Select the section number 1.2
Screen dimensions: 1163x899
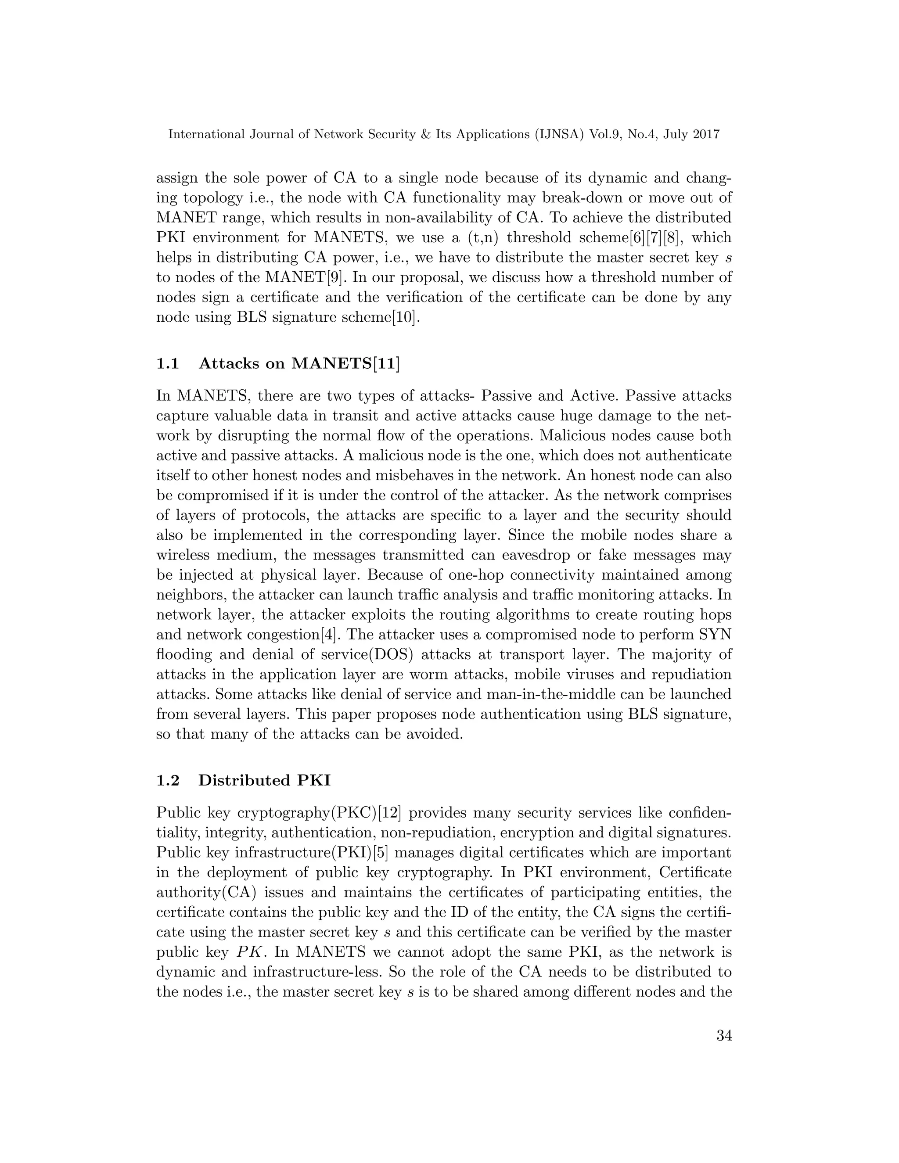click(x=168, y=780)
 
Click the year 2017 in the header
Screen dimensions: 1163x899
click(x=706, y=135)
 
